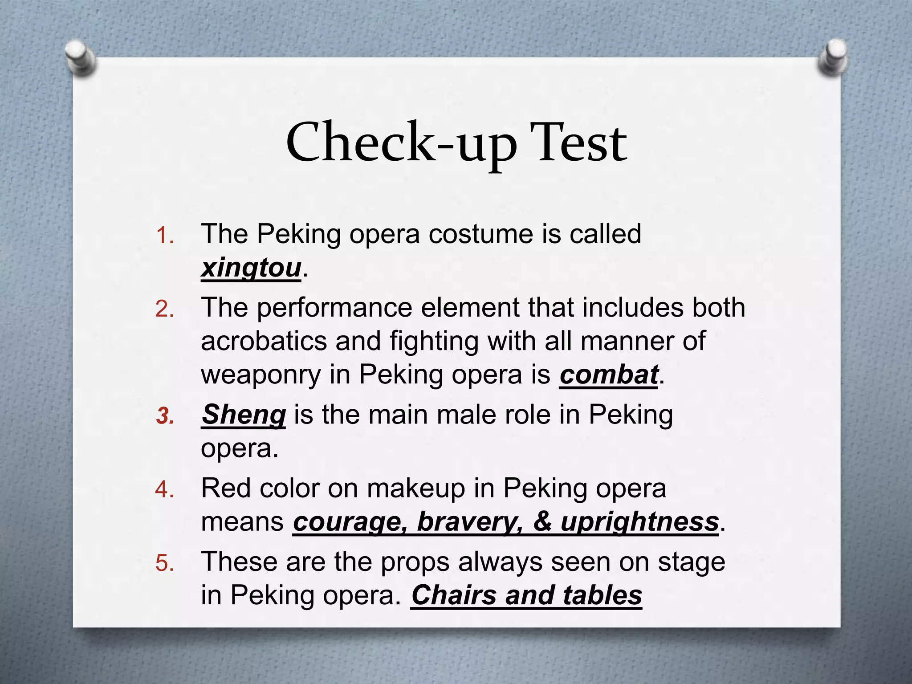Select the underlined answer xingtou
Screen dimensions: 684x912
click(x=251, y=268)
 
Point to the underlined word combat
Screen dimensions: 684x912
click(x=608, y=375)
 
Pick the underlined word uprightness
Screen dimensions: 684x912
click(x=639, y=522)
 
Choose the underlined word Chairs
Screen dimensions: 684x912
click(x=453, y=595)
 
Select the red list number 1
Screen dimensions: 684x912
click(x=164, y=236)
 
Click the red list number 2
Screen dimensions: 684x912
click(x=164, y=309)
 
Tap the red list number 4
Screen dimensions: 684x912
click(x=164, y=490)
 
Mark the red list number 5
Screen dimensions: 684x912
click(x=164, y=563)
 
